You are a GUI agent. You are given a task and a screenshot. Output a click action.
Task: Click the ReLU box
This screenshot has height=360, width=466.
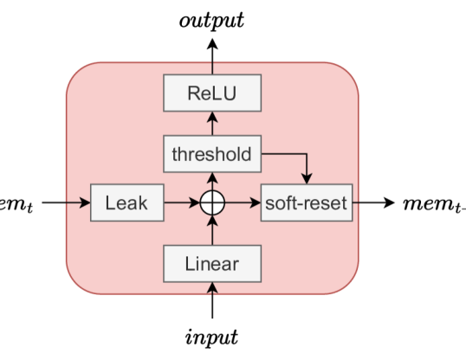(212, 93)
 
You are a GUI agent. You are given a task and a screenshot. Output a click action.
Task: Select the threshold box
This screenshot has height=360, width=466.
(212, 155)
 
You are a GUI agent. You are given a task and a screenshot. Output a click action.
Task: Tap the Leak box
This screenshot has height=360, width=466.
(126, 204)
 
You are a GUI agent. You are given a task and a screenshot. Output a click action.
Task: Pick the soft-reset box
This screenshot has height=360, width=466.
(306, 204)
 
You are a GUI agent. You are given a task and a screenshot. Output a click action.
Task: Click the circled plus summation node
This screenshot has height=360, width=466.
(212, 204)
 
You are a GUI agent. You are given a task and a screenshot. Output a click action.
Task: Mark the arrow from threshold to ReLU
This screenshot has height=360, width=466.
(212, 125)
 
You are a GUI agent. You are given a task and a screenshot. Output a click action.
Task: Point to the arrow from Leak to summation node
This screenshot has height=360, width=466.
(181, 204)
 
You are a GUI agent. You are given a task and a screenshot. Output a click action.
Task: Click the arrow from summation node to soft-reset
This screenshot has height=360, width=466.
(243, 204)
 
